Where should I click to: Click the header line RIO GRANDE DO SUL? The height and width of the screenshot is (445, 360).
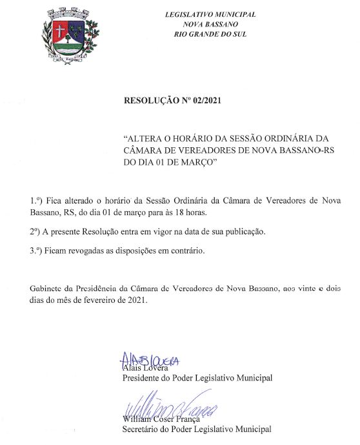pos(210,34)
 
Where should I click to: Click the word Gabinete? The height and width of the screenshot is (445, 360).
pos(46,287)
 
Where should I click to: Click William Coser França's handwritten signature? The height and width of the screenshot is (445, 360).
pos(170,408)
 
